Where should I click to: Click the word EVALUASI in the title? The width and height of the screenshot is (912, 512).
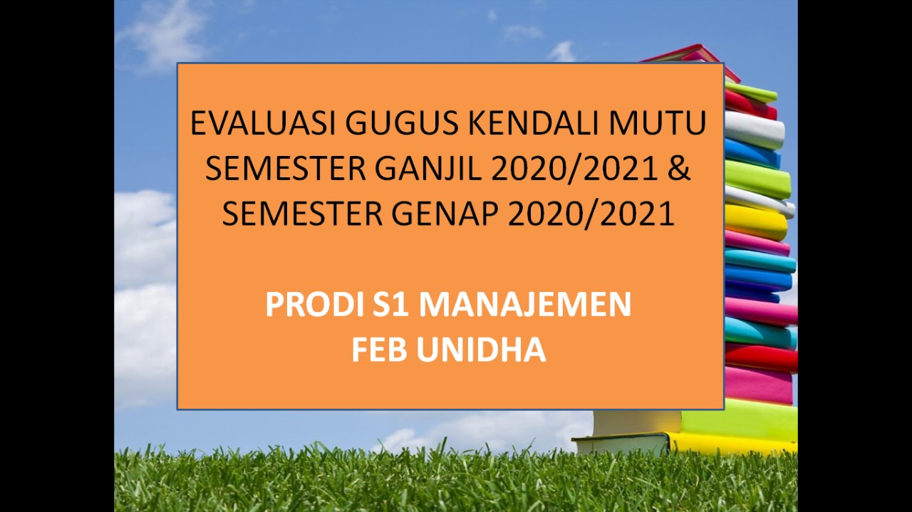[263, 123]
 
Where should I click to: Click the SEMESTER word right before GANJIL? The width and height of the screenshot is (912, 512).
[286, 169]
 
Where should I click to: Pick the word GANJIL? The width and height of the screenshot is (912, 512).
[428, 169]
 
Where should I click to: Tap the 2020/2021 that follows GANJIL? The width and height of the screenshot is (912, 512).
[574, 169]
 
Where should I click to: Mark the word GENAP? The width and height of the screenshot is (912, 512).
[445, 214]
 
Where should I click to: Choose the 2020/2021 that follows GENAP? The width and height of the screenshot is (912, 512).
[591, 214]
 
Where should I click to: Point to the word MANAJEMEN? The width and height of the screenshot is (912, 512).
[525, 305]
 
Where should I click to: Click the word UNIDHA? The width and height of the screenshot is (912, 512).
[481, 350]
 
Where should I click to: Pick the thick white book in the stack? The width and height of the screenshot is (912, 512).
[755, 130]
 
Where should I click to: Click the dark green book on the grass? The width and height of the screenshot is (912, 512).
[622, 444]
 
